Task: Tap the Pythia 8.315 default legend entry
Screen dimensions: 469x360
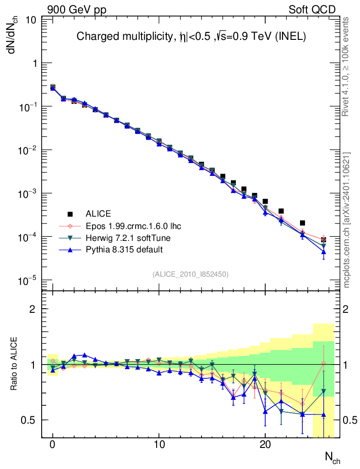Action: (124, 250)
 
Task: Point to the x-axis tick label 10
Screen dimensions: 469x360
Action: (159, 445)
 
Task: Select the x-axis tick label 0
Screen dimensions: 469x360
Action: (53, 445)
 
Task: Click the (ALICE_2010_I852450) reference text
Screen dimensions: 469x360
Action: (191, 274)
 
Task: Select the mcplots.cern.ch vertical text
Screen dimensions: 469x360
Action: (347, 220)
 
